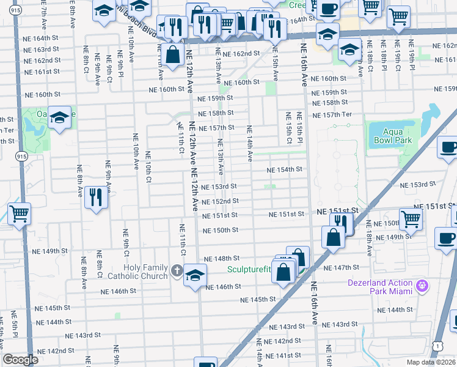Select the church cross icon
tap(177, 270)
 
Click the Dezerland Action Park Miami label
tap(379, 286)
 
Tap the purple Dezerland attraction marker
tap(421, 286)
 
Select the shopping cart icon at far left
tap(19, 214)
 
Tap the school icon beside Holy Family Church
tap(194, 276)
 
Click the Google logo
tap(20, 360)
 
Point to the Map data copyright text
tap(431, 362)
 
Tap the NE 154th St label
tap(286, 169)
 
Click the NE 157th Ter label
tap(332, 116)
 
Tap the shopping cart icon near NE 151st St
tap(411, 219)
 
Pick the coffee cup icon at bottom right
tap(446, 237)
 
